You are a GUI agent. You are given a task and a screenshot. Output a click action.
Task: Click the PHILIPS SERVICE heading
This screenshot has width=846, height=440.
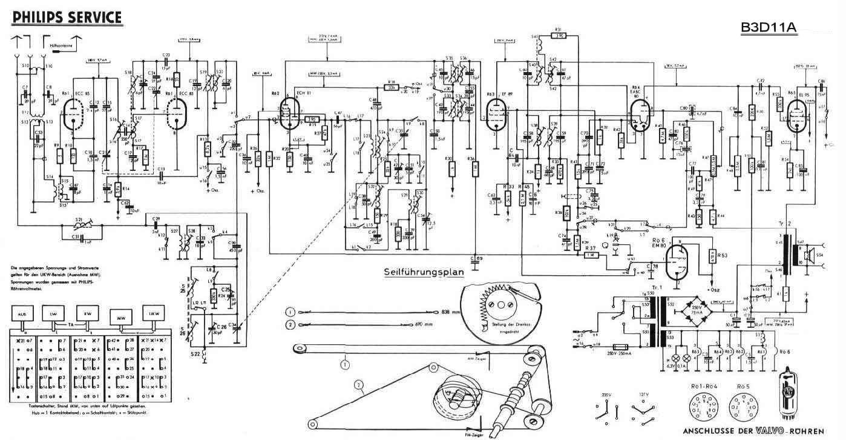click(x=67, y=17)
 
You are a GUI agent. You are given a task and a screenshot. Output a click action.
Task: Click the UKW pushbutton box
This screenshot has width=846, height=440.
click(x=152, y=315)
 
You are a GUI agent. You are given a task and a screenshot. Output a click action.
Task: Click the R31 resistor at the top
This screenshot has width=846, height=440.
click(x=559, y=35)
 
